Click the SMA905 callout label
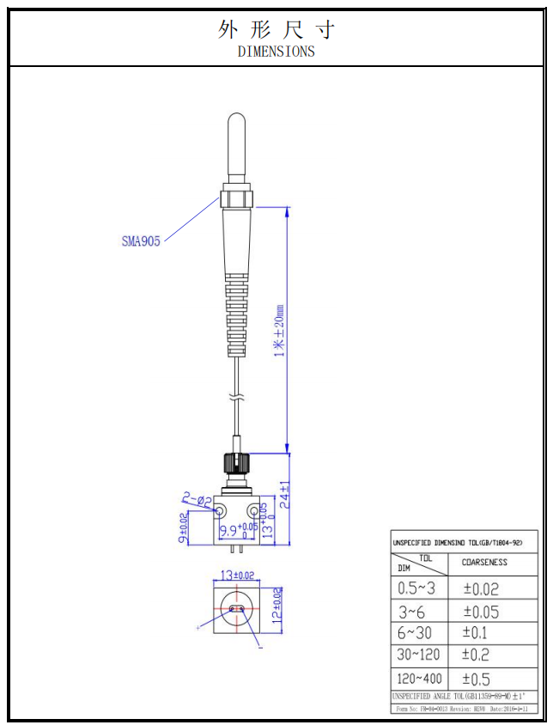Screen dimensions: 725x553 pos(141,241)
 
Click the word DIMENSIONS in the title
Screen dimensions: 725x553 pos(276,52)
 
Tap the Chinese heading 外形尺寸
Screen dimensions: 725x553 pos(276,30)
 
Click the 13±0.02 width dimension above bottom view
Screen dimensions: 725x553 pos(237,575)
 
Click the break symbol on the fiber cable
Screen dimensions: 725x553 pos(237,398)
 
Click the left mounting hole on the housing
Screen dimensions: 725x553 pos(222,512)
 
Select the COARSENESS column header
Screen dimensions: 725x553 pos(484,563)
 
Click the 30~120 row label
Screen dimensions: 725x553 pos(420,655)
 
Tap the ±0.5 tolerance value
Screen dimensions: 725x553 pos(477,678)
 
